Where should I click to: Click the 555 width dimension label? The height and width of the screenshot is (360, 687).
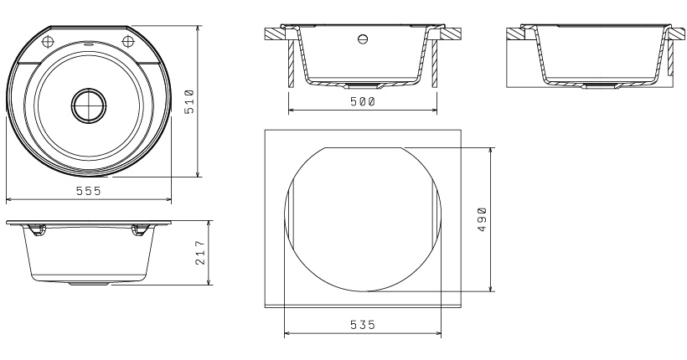point(89,191)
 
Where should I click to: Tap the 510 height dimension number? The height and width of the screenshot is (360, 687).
point(189,101)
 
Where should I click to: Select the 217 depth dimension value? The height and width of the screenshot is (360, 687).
point(199,253)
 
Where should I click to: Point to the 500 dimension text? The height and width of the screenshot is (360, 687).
point(363,101)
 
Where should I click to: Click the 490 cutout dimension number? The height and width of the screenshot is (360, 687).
point(482,219)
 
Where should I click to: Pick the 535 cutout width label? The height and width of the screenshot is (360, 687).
point(363,325)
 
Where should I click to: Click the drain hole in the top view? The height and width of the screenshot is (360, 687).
point(89,105)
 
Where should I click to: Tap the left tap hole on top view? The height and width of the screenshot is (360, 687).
point(48,42)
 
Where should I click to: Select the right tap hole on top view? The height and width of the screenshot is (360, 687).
point(127,42)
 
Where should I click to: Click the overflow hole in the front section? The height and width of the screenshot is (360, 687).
point(363,39)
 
